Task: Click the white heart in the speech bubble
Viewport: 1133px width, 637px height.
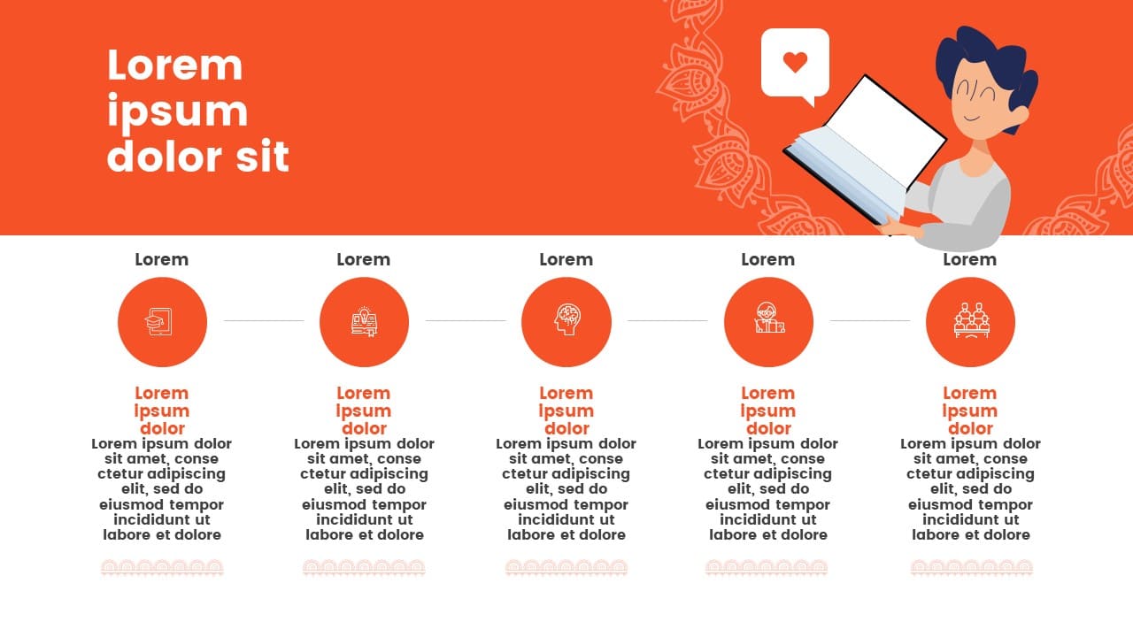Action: (795, 62)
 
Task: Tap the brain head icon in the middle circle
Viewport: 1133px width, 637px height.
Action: (567, 319)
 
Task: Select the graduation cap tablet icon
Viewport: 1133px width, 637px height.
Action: (159, 321)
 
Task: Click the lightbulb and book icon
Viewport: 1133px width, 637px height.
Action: (364, 321)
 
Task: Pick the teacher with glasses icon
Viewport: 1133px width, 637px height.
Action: (769, 318)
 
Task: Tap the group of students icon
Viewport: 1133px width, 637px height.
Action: (971, 320)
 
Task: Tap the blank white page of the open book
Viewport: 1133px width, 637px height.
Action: (886, 128)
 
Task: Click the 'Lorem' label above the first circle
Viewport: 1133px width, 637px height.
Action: (161, 259)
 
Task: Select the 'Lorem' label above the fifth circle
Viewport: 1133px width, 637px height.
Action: (969, 259)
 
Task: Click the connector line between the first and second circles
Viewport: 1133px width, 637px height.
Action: (264, 320)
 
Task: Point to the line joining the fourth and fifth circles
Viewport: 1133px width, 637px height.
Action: (870, 320)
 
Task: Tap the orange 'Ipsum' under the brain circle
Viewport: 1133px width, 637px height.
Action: (566, 411)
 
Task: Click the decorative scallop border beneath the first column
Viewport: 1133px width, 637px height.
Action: (162, 568)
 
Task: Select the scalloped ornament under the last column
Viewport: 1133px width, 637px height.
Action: (972, 568)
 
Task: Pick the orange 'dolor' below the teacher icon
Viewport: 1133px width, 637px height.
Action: (768, 429)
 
